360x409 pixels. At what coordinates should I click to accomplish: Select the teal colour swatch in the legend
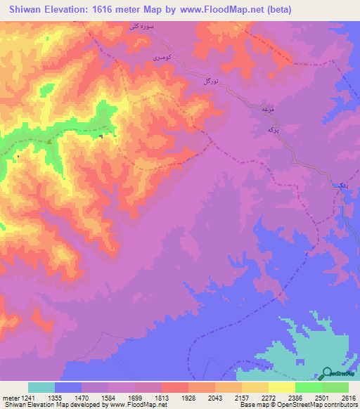pos(41,387)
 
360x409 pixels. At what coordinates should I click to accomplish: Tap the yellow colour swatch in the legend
pos(281,387)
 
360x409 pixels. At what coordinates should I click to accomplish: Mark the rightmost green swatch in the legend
pos(335,387)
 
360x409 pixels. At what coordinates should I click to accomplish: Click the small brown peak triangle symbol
pos(49,141)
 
